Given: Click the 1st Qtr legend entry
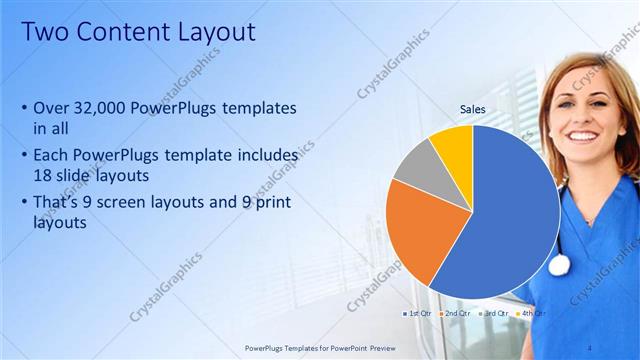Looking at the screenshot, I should click(x=417, y=313).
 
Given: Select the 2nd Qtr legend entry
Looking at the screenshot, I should click(x=455, y=313).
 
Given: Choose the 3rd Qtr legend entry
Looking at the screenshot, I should click(x=494, y=313).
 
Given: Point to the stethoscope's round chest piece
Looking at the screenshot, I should click(x=558, y=264).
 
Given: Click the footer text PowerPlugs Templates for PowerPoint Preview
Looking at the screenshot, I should click(x=319, y=346).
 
